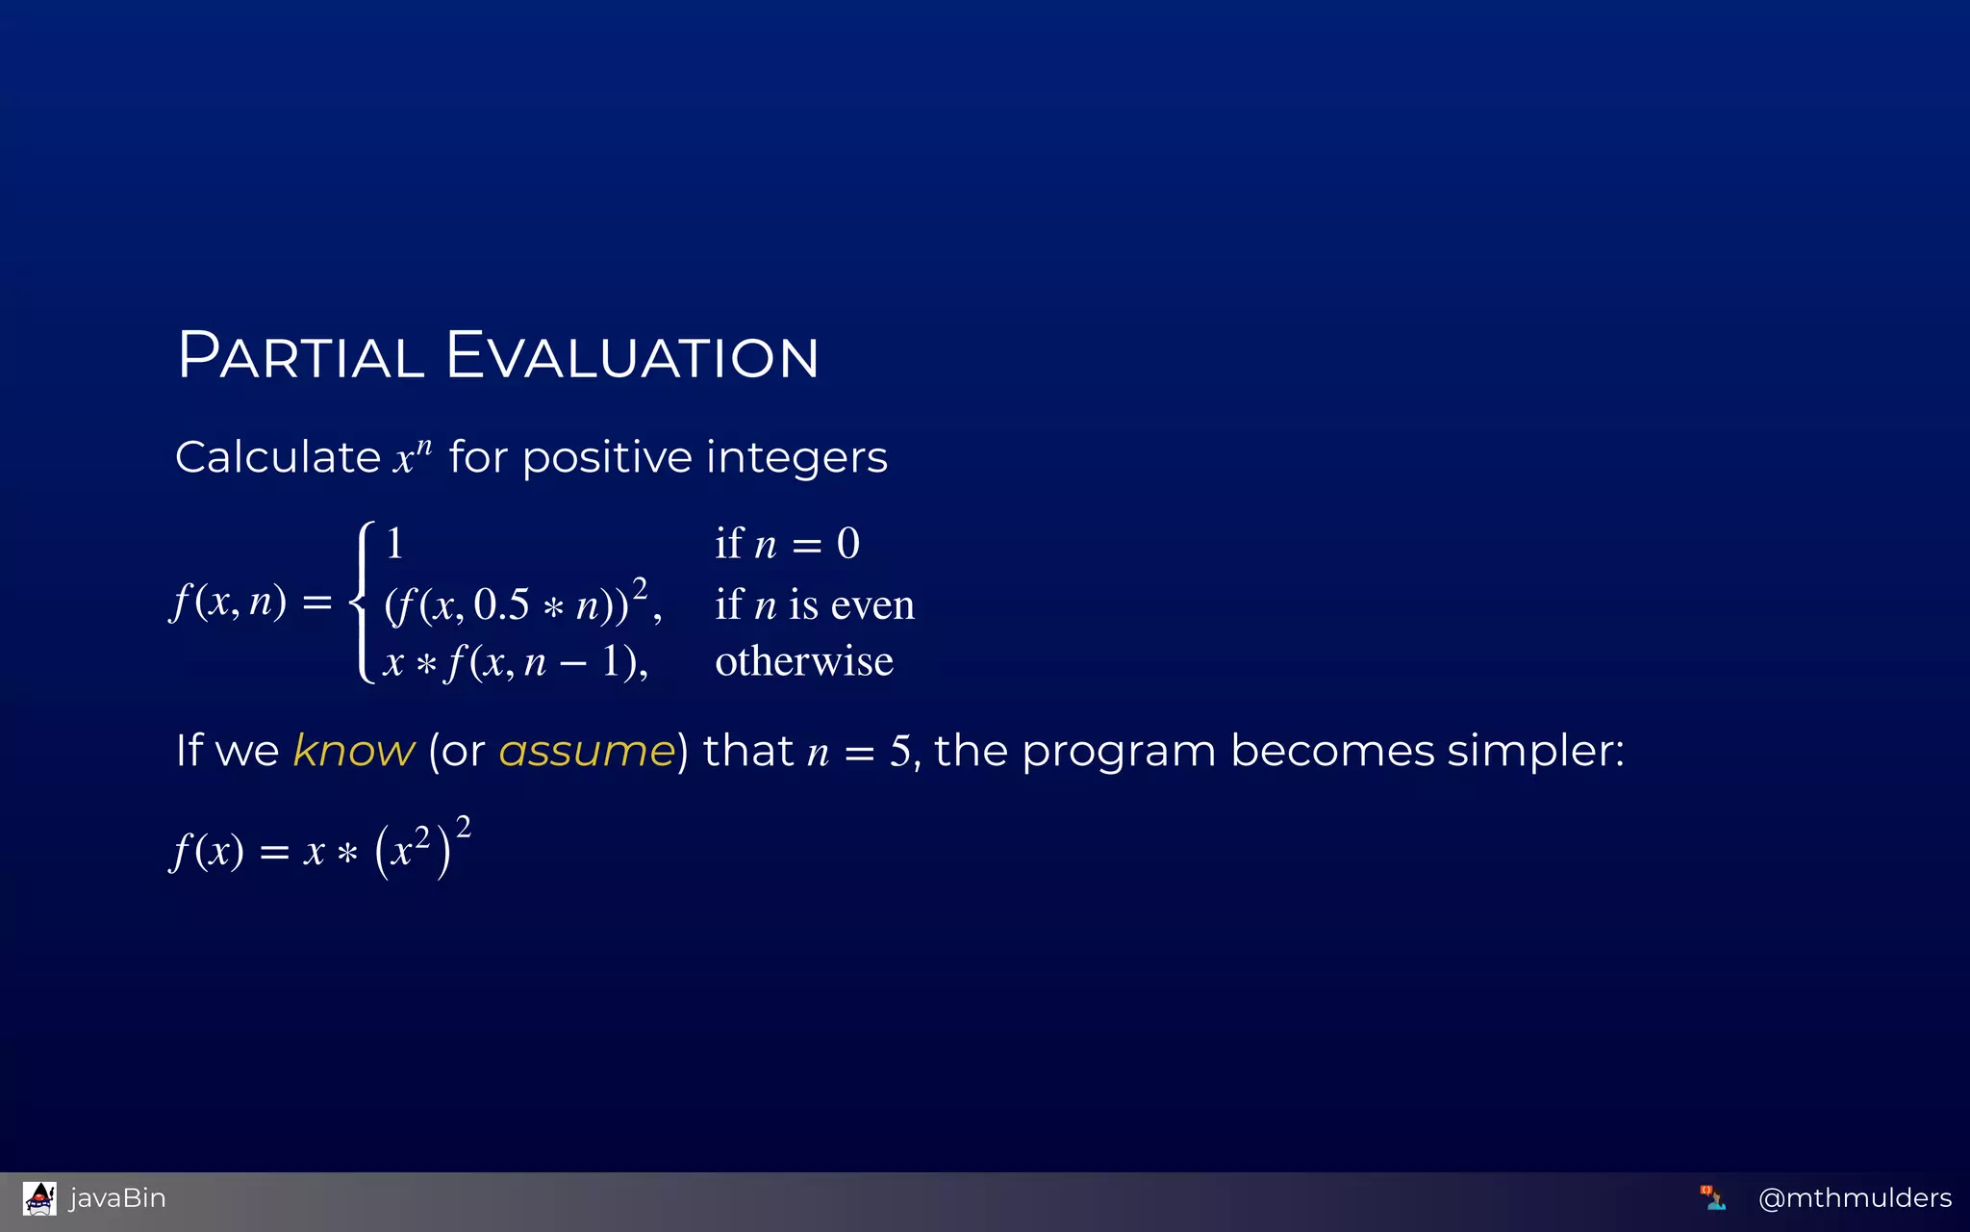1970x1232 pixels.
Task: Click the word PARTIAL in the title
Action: [x=301, y=356]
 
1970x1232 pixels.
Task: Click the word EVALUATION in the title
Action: [x=632, y=356]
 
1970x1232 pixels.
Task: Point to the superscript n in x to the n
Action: [x=424, y=447]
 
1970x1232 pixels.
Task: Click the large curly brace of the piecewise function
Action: [x=364, y=602]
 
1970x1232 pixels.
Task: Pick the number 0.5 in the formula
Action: [x=501, y=604]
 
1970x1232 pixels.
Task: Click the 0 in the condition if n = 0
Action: [x=847, y=544]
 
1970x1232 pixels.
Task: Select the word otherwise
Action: [x=804, y=661]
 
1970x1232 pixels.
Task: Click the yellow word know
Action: [x=353, y=751]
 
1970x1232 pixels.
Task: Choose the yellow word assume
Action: [x=587, y=751]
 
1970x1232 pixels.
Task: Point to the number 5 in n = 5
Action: [x=899, y=751]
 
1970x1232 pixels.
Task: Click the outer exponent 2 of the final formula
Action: [x=464, y=827]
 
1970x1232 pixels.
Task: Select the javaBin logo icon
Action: [x=39, y=1198]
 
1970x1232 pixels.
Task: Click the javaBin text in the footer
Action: [x=117, y=1198]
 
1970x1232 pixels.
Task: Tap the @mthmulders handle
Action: [x=1854, y=1198]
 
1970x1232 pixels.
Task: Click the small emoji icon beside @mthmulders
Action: [x=1712, y=1198]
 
